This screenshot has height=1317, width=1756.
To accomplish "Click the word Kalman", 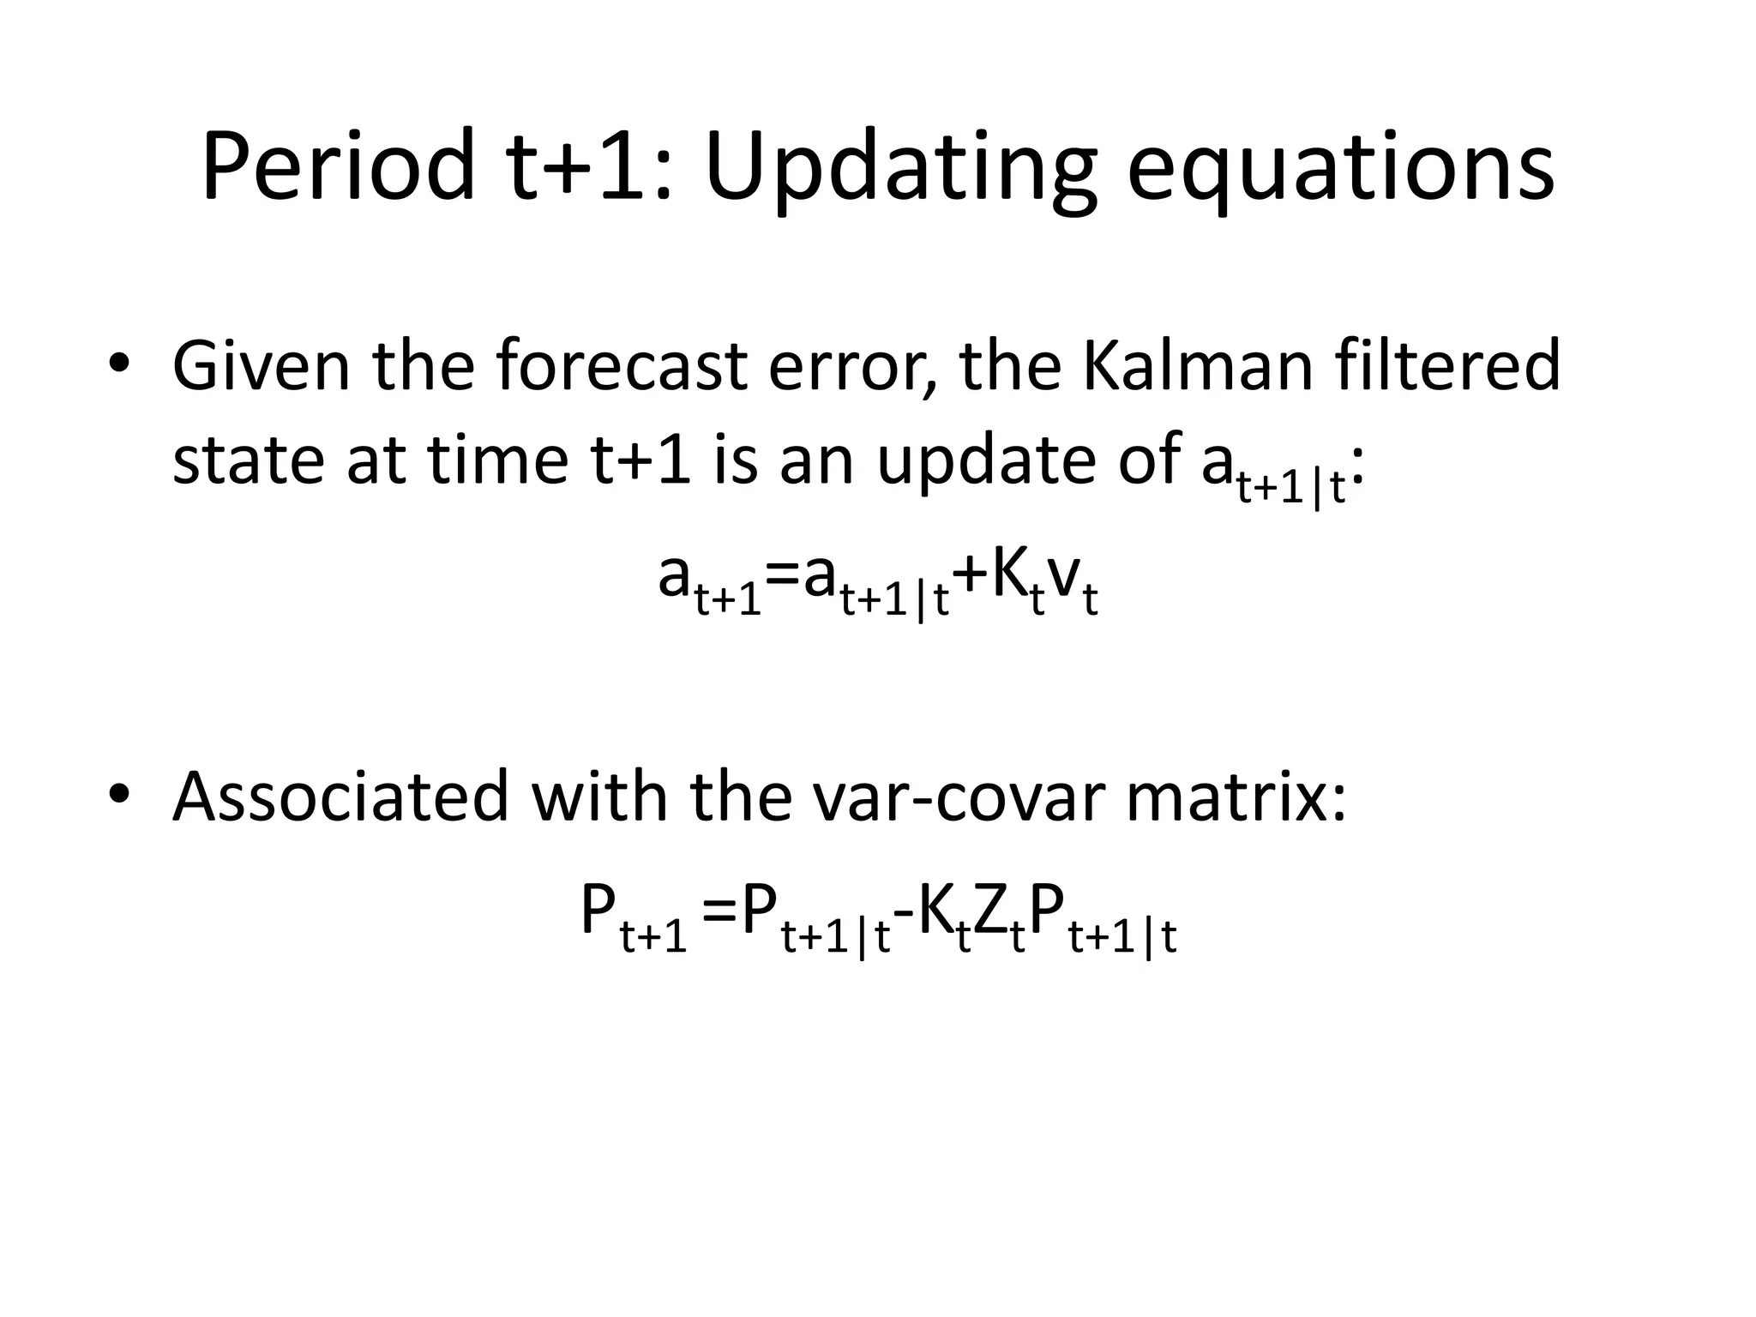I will [x=1197, y=365].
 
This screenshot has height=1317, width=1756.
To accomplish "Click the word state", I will [x=250, y=460].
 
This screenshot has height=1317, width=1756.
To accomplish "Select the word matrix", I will [x=1235, y=796].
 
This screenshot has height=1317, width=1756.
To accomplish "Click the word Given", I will [x=261, y=365].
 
